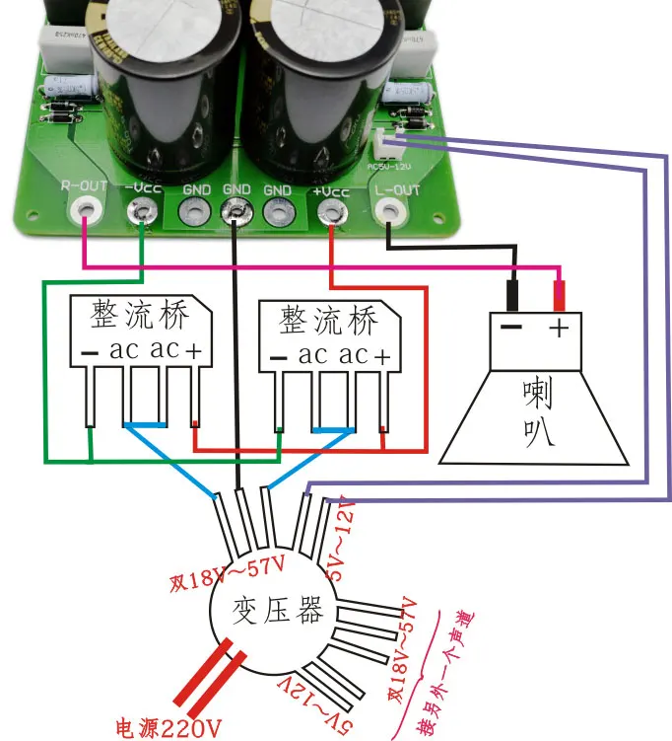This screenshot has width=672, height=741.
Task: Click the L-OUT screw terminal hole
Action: (391, 210)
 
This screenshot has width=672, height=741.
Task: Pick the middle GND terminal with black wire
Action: (235, 210)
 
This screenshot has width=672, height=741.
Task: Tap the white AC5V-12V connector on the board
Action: (387, 146)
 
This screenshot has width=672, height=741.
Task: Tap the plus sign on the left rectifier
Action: (195, 350)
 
